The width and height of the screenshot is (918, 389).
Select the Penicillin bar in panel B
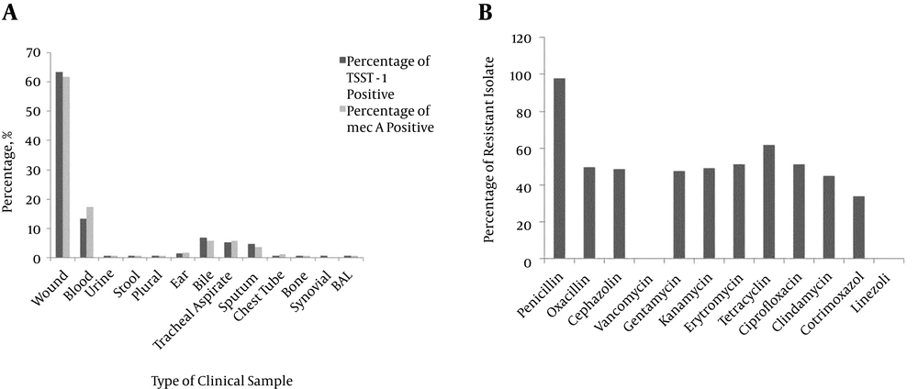coord(559,169)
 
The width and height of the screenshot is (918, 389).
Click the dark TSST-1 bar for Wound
coord(59,165)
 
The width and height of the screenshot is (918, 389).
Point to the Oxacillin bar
coord(589,214)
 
